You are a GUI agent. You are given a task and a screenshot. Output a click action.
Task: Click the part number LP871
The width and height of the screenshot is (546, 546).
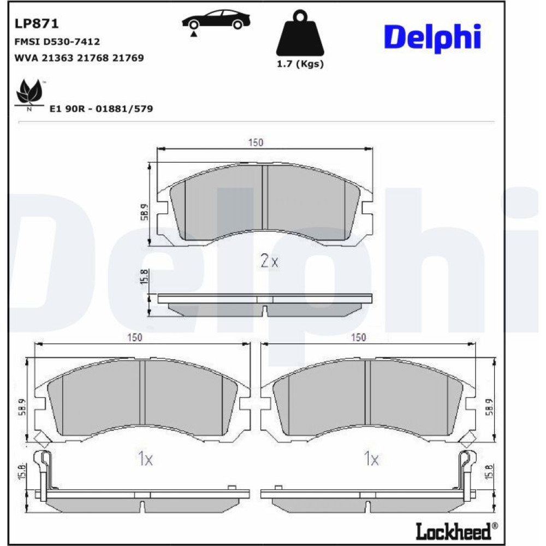point(37,23)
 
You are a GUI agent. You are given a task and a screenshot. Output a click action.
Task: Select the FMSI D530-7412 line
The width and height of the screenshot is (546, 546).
point(57,42)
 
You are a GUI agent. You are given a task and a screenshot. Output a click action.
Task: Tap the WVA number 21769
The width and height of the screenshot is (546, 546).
point(128,58)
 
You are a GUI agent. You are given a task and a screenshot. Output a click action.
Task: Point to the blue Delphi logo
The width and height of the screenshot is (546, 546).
point(432,38)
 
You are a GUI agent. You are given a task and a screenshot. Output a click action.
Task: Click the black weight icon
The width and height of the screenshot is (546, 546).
point(300,33)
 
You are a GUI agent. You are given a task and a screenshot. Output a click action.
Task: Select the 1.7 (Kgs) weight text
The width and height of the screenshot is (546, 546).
point(300,64)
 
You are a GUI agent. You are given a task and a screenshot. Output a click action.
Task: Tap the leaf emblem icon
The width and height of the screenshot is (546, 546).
point(30,93)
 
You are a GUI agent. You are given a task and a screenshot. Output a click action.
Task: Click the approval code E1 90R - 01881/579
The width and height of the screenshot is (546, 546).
point(102,109)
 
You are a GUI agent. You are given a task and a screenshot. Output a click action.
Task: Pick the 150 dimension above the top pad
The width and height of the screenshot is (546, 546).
point(256,143)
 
